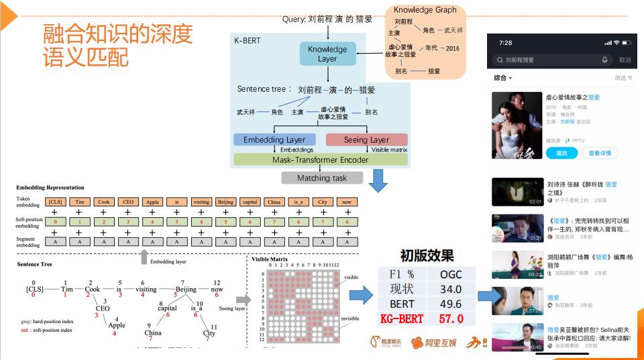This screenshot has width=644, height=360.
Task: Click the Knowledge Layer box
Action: (327, 54)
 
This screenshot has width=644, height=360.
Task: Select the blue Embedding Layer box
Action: (274, 139)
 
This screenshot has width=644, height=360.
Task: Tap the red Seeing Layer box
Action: (366, 139)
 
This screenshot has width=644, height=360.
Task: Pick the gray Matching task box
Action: (322, 178)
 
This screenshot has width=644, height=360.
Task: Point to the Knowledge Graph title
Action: (425, 9)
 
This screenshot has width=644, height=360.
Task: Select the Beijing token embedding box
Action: (225, 202)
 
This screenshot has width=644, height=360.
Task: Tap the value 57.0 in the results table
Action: (450, 318)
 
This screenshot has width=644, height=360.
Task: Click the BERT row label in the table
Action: (402, 304)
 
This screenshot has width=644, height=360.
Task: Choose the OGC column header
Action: (451, 274)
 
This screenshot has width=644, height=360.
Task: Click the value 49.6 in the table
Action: (450, 304)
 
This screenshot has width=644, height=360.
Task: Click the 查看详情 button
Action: (600, 153)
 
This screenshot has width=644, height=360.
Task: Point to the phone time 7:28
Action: (506, 42)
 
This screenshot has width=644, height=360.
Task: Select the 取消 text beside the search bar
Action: (625, 60)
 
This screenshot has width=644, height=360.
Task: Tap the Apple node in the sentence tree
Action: (117, 326)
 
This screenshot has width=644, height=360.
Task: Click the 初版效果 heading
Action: (427, 255)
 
